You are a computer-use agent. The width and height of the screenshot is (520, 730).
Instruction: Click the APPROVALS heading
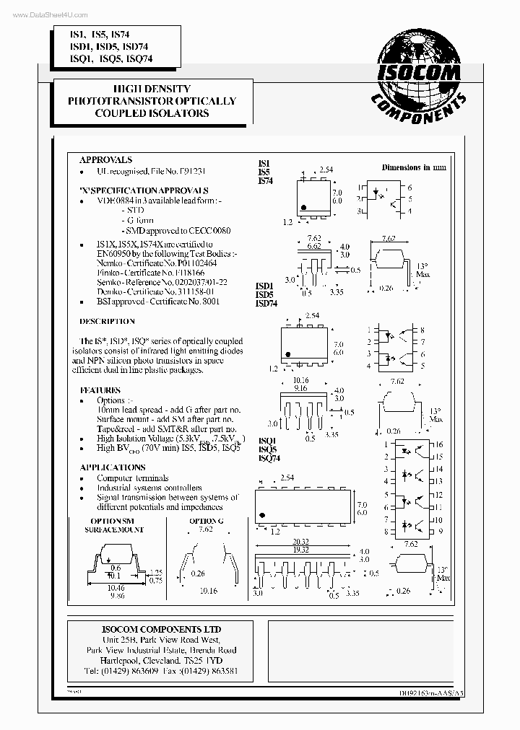tap(105, 159)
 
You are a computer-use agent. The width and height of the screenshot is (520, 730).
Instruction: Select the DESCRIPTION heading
tap(107, 321)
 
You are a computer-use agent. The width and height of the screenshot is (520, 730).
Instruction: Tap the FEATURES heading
tap(100, 390)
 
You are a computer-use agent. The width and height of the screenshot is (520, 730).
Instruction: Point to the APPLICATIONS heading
tap(112, 467)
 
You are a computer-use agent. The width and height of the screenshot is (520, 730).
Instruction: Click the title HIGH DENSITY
tap(152, 89)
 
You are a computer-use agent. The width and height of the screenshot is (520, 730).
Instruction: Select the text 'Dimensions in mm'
tap(414, 167)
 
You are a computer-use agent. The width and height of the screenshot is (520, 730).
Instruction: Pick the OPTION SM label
tap(112, 520)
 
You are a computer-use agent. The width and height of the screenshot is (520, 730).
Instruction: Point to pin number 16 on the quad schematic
tap(438, 445)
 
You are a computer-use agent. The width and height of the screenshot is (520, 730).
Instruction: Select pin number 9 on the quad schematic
tap(439, 531)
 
